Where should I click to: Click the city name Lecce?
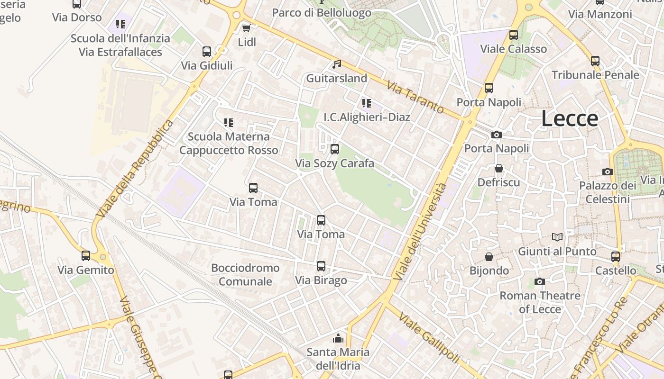pos(570,118)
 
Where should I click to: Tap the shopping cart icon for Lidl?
pos(247,28)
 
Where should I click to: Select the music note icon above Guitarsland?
pos(337,64)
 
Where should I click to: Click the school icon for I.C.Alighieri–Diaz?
pos(366,103)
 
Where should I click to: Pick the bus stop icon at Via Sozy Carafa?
pos(335,149)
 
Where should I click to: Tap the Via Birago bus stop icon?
pos(321,266)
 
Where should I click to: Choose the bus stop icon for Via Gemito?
pos(86,256)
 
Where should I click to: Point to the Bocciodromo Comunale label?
pos(245,275)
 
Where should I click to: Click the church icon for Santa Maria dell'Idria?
pos(338,338)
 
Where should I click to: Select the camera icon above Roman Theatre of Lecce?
pos(540,282)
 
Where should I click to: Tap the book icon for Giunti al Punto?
pos(557,237)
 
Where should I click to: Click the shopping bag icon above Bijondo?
pos(489,257)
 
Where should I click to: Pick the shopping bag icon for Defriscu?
pos(499,168)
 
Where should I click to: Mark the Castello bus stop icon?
pos(616,257)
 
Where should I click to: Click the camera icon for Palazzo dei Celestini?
pos(608,171)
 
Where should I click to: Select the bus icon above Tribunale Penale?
pos(595,61)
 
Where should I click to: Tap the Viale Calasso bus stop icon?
pos(514,35)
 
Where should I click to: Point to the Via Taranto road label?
pos(415,97)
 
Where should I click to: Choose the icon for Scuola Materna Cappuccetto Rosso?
pos(229,123)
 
